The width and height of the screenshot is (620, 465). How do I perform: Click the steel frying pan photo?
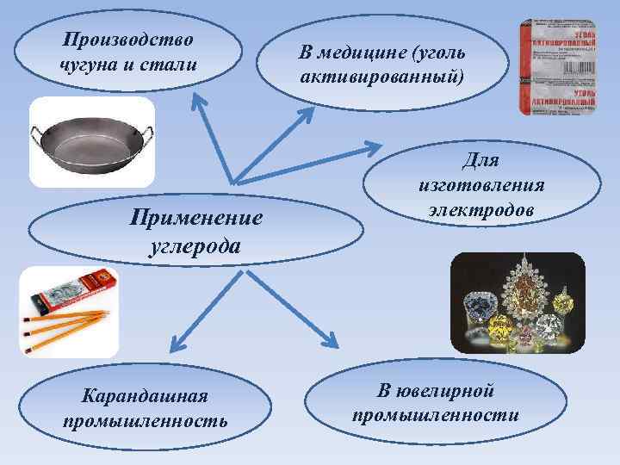(92, 142)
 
